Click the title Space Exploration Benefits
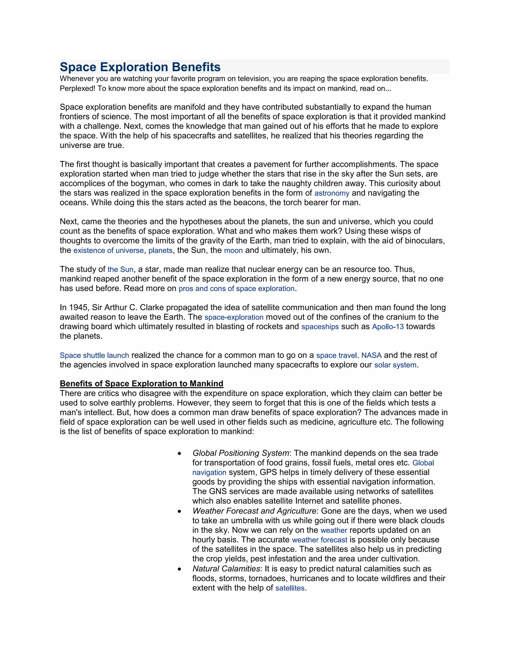point(140,67)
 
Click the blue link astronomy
point(332,193)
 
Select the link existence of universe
point(108,251)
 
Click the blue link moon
point(233,251)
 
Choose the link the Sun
point(120,269)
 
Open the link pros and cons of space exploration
point(236,289)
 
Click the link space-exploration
point(234,317)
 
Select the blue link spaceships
point(320,327)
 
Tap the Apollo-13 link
point(388,327)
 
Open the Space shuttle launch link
point(94,356)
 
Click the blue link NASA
point(371,356)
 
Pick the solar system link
point(395,365)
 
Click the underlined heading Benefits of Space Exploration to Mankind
point(141,384)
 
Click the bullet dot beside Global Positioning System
point(179,453)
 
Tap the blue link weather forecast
point(319,540)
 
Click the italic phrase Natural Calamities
point(226,569)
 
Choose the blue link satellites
point(290,588)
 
